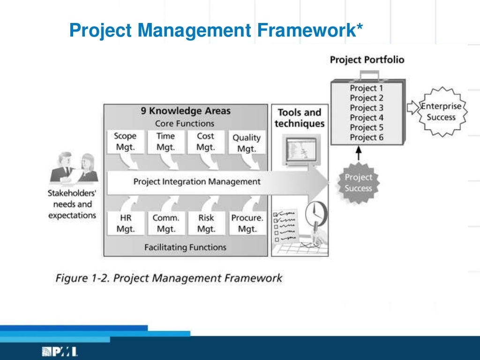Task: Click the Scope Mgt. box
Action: click(x=125, y=142)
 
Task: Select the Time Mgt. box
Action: click(x=165, y=142)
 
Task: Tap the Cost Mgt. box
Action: click(x=205, y=142)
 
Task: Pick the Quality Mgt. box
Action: click(x=247, y=143)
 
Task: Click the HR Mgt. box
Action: click(x=125, y=224)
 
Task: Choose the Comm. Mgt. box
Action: click(x=165, y=224)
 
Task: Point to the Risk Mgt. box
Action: click(x=206, y=224)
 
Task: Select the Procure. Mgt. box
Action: click(x=247, y=224)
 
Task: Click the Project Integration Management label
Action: click(x=196, y=181)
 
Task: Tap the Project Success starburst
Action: click(x=358, y=183)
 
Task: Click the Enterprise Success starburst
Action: click(x=441, y=112)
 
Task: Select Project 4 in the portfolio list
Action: click(x=366, y=118)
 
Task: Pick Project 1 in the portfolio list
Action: click(x=366, y=88)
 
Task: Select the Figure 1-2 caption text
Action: click(x=169, y=278)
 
